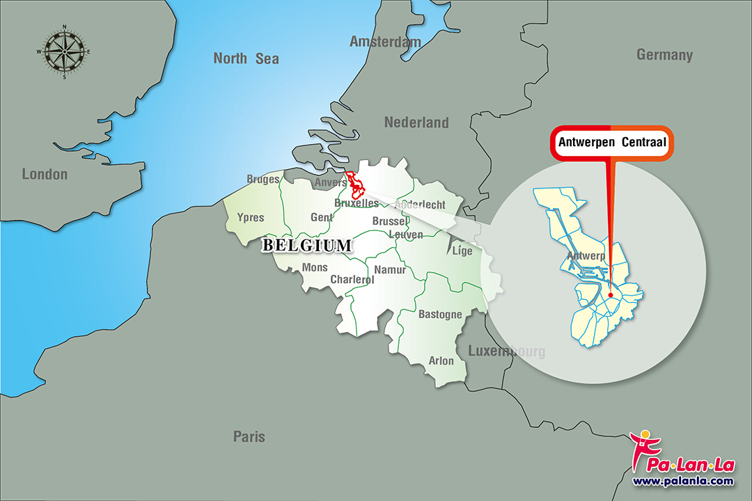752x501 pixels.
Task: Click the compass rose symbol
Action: (x=64, y=52)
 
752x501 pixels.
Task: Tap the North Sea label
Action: (x=246, y=58)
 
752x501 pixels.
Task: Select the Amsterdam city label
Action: (x=385, y=42)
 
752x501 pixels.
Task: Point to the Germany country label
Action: (x=664, y=55)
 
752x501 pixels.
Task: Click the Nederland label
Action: (x=416, y=122)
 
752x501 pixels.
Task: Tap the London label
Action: (x=45, y=174)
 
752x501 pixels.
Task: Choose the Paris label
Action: (x=249, y=437)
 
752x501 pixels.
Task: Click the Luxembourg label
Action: (x=506, y=351)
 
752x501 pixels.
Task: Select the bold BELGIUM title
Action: (x=306, y=246)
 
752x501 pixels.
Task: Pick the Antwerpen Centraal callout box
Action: (x=611, y=144)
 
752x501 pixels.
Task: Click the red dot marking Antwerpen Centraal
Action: (x=611, y=295)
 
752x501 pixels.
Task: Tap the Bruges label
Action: (x=263, y=180)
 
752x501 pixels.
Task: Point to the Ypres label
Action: (x=251, y=218)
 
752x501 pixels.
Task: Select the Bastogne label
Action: (x=440, y=315)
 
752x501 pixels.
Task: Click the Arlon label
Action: (x=441, y=360)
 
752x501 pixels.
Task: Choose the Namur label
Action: (x=389, y=270)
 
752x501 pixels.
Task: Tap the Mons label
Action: (x=315, y=268)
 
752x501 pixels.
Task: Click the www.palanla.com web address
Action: (x=682, y=481)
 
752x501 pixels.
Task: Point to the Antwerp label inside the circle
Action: (x=583, y=256)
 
